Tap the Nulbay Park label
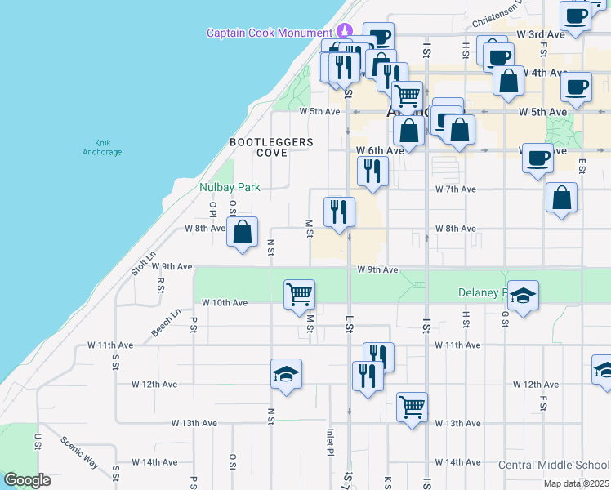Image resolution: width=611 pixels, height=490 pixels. tap(230, 187)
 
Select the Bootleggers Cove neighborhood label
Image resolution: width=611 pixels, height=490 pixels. tap(271, 147)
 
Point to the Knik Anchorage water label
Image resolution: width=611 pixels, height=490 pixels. tap(102, 147)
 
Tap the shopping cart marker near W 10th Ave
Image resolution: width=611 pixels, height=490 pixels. tap(300, 294)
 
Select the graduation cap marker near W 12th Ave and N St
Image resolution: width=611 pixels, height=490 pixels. tap(286, 374)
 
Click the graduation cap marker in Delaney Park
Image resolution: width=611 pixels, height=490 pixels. tap(524, 294)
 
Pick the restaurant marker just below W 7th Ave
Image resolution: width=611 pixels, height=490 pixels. tap(338, 212)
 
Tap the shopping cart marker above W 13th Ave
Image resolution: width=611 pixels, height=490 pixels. tap(413, 407)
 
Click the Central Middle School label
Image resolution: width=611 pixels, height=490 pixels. tap(554, 465)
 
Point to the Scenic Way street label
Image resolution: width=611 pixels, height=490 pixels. tap(80, 451)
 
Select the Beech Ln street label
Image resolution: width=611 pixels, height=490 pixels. tap(166, 323)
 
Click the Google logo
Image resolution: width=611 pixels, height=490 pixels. tap(27, 480)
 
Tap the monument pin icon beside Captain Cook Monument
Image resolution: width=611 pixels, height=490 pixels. tap(345, 31)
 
